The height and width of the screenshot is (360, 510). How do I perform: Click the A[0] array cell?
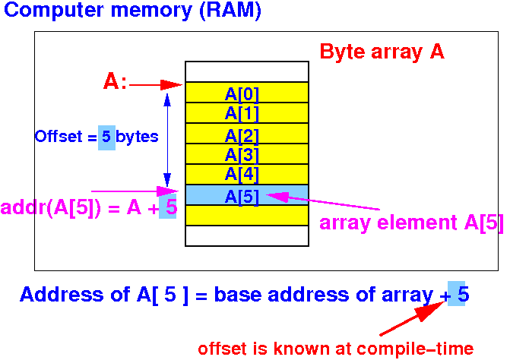coord(247,92)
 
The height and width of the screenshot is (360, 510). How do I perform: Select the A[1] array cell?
coord(247,112)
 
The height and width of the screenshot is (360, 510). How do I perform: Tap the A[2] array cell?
coord(247,133)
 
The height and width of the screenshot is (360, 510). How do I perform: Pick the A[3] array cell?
coord(247,153)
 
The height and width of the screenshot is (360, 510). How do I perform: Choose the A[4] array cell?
coord(247,174)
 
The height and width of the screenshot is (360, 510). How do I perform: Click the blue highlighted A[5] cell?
coord(247,194)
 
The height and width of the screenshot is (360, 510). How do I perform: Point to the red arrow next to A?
coord(156,85)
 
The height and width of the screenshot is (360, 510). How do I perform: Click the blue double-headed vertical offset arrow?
coord(167,140)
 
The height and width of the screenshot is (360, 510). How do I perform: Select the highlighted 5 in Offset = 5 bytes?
coord(106,137)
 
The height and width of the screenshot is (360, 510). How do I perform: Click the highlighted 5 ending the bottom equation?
coord(456,293)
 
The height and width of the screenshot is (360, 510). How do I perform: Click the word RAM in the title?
coord(230,11)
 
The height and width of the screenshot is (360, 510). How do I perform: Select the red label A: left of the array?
coord(115,81)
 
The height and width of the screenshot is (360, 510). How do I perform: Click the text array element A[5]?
coord(411,223)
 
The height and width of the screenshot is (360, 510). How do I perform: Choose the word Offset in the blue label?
coord(59,137)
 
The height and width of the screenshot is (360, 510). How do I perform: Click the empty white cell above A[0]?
coord(247,71)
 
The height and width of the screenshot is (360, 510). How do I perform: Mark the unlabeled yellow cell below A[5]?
coord(247,215)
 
